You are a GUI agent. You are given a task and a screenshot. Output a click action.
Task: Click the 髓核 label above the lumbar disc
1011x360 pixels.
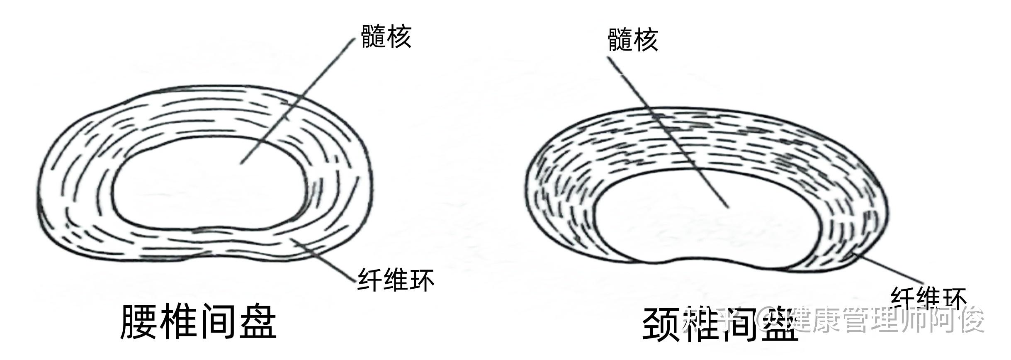[x=386, y=37]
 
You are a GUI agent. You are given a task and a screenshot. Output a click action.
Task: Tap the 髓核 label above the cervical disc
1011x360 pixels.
[x=633, y=40]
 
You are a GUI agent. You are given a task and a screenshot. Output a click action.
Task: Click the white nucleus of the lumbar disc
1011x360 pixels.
[x=207, y=187]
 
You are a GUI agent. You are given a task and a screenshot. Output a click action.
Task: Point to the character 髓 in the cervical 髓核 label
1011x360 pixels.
[x=620, y=40]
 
